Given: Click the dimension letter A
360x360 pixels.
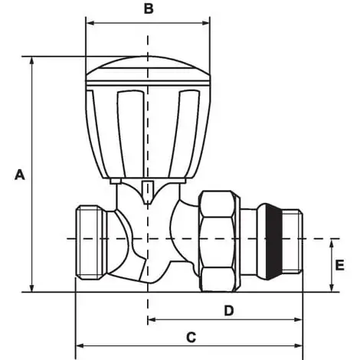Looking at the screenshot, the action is pyautogui.click(x=20, y=175).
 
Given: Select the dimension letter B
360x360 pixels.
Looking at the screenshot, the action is pyautogui.click(x=149, y=8).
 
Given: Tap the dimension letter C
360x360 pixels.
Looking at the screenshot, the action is pyautogui.click(x=191, y=337).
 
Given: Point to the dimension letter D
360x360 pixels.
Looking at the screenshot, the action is pyautogui.click(x=229, y=311).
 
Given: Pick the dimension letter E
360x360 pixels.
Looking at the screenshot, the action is pyautogui.click(x=339, y=265).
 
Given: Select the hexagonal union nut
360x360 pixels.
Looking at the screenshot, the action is pyautogui.click(x=220, y=241).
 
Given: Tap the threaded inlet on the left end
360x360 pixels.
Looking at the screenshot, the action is pyautogui.click(x=89, y=243).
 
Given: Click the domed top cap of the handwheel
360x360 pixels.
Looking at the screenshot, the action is pyautogui.click(x=148, y=68).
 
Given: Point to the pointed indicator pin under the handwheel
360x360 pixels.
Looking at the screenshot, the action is pyautogui.click(x=148, y=192).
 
